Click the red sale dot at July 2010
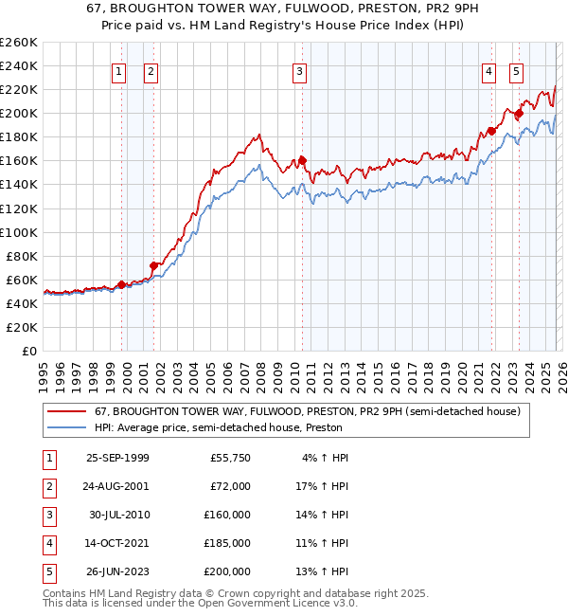click(x=302, y=160)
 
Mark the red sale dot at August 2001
click(x=153, y=265)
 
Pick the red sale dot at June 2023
click(x=519, y=113)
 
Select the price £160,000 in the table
click(x=227, y=515)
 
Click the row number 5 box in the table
click(x=46, y=571)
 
